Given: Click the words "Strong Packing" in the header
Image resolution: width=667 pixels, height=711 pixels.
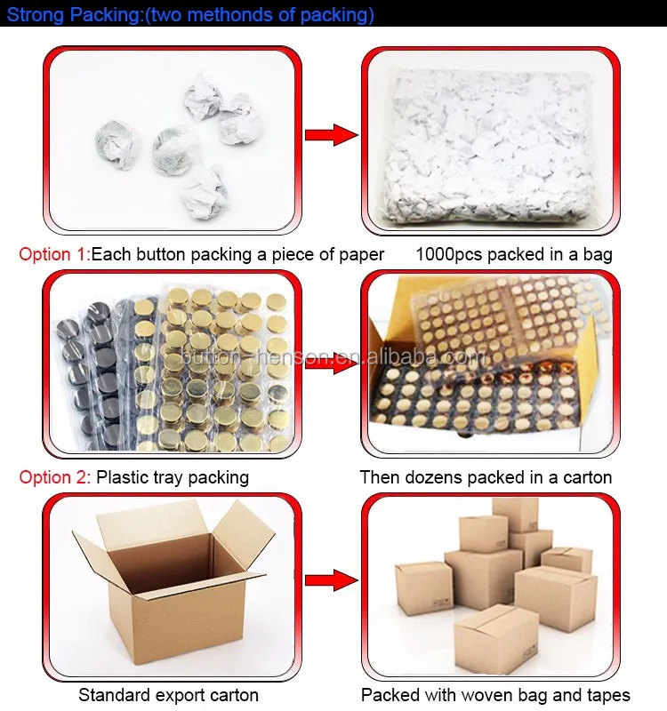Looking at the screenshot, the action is (73, 15).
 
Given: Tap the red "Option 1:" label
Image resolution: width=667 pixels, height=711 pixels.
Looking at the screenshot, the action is (54, 254).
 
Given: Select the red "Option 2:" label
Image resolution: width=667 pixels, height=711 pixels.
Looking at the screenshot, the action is (54, 477).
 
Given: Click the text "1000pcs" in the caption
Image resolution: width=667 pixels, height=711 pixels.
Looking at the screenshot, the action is (449, 254).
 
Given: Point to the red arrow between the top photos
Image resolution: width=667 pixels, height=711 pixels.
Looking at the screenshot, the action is (331, 135).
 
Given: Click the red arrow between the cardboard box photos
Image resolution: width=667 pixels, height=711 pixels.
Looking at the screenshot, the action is (331, 580).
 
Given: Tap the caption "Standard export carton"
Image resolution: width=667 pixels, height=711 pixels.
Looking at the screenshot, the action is (168, 695).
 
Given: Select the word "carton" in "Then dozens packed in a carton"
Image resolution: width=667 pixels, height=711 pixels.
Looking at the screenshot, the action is (587, 477).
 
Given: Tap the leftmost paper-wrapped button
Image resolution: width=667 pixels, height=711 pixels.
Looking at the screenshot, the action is (117, 144).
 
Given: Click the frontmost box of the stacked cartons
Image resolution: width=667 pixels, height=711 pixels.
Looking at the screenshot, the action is (496, 638).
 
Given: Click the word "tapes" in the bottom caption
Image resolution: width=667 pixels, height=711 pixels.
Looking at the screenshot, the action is (608, 695).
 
